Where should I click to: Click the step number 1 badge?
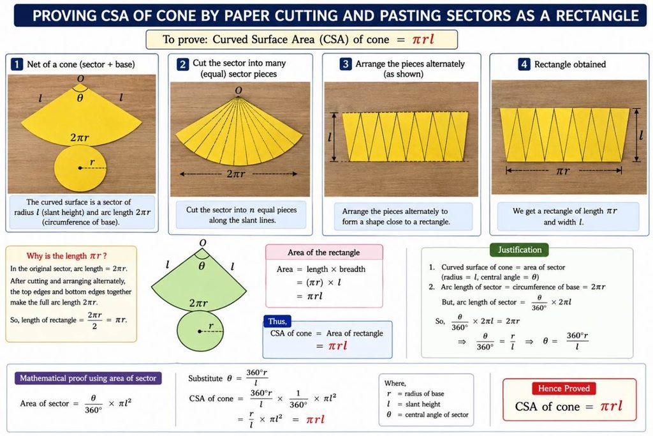(x=17, y=64)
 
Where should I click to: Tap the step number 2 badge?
(x=182, y=64)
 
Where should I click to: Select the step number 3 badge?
(x=345, y=64)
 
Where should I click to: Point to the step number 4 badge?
(x=524, y=64)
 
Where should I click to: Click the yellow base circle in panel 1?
(x=80, y=167)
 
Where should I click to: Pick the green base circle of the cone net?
(x=200, y=331)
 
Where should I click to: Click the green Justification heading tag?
(x=520, y=250)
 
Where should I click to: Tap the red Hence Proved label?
(x=564, y=389)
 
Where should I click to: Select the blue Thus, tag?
(x=277, y=321)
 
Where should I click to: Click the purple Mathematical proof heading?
(x=88, y=378)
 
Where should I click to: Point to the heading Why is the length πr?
(x=66, y=256)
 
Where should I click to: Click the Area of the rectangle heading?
(x=323, y=253)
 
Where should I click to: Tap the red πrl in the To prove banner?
(x=423, y=39)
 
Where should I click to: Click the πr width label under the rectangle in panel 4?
(x=563, y=171)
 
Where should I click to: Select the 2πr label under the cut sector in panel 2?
(x=236, y=174)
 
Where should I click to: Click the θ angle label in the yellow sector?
(x=80, y=98)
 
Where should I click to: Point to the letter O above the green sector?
(x=203, y=243)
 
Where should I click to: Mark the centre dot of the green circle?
(x=200, y=331)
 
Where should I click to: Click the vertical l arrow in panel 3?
(x=334, y=137)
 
